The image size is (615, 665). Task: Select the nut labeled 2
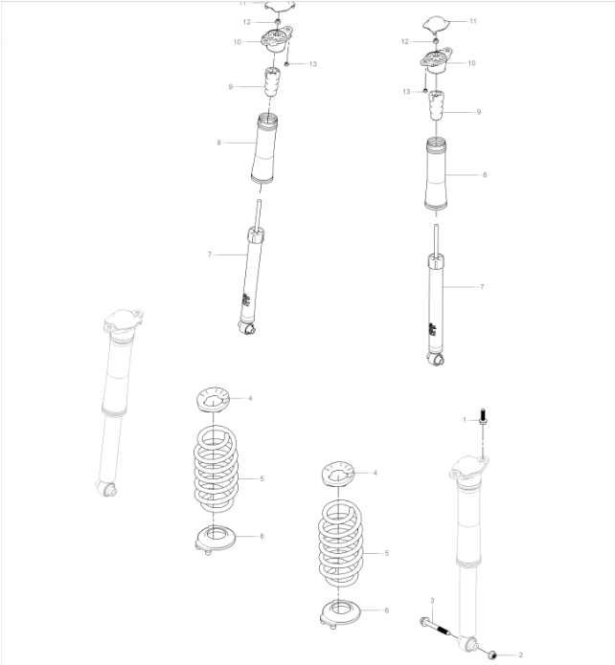492,654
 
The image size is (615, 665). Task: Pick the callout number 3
432,600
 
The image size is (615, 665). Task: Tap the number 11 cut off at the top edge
243,4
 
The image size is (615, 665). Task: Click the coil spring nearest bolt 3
337,547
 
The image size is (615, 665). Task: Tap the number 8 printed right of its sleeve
485,176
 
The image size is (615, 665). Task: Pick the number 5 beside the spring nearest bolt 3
386,553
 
